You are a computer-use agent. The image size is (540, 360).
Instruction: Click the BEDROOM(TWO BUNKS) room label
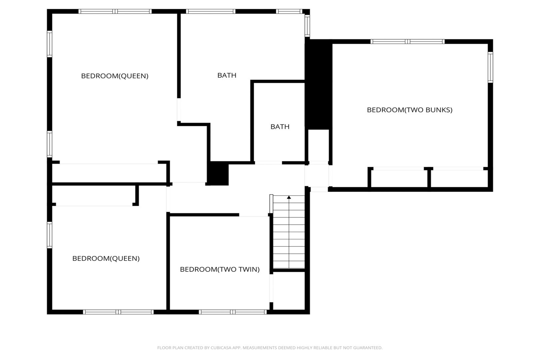(409, 110)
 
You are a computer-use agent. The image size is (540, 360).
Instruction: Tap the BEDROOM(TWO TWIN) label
(220, 269)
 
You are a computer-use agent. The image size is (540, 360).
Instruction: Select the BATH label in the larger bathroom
(227, 76)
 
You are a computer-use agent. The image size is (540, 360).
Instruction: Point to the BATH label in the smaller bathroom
(280, 127)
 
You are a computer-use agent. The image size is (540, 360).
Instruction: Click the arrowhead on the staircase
(289, 197)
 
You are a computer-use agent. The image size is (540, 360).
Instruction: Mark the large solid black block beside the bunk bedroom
(318, 84)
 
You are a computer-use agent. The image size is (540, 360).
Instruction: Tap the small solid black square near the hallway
(218, 173)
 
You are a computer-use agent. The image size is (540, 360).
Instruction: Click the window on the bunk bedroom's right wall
(490, 67)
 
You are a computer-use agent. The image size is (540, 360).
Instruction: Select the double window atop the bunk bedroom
(407, 42)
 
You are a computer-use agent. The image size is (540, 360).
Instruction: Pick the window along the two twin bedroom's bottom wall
(233, 312)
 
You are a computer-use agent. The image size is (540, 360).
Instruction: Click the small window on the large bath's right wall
(307, 26)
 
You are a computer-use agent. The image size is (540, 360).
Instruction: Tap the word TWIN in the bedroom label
(250, 269)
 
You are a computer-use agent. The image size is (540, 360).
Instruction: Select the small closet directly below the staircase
(289, 291)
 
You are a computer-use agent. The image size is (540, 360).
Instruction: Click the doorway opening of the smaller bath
(268, 163)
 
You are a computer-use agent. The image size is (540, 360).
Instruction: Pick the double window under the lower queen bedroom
(118, 312)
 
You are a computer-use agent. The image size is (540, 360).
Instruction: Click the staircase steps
(289, 232)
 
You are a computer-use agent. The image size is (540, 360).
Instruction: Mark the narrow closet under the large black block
(318, 145)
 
